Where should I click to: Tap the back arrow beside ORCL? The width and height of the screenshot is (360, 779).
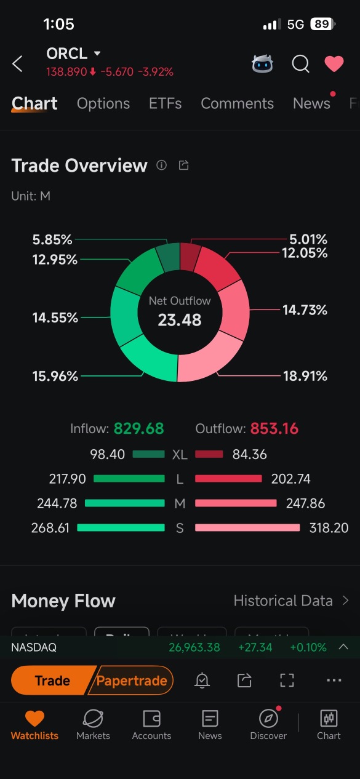tap(17, 63)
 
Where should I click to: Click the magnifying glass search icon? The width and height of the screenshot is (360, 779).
tap(300, 63)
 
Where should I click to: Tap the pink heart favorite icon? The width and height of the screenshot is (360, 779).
tap(334, 63)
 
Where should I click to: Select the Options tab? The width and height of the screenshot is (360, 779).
tap(103, 103)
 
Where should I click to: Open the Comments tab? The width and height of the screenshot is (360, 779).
tap(237, 103)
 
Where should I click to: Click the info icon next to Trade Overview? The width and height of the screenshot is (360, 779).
tap(161, 165)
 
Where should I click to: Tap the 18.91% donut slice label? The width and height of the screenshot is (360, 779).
tap(305, 376)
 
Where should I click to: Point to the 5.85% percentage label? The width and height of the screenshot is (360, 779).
tap(52, 239)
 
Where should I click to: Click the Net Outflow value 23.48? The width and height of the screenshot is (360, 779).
tap(180, 320)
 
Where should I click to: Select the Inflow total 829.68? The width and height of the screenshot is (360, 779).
tap(139, 428)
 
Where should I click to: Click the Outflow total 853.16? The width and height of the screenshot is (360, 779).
tap(274, 428)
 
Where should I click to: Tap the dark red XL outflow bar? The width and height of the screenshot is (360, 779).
tap(209, 454)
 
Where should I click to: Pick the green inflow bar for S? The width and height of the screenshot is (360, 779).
tap(121, 528)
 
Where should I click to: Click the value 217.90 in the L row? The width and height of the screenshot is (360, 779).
tap(67, 479)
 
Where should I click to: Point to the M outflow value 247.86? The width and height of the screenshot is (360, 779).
tap(305, 503)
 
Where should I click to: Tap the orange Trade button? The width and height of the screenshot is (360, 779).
tap(52, 681)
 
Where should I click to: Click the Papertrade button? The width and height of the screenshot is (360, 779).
tap(132, 681)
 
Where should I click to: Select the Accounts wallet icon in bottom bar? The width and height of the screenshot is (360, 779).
tap(151, 719)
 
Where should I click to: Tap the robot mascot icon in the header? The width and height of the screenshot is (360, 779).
tap(263, 63)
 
